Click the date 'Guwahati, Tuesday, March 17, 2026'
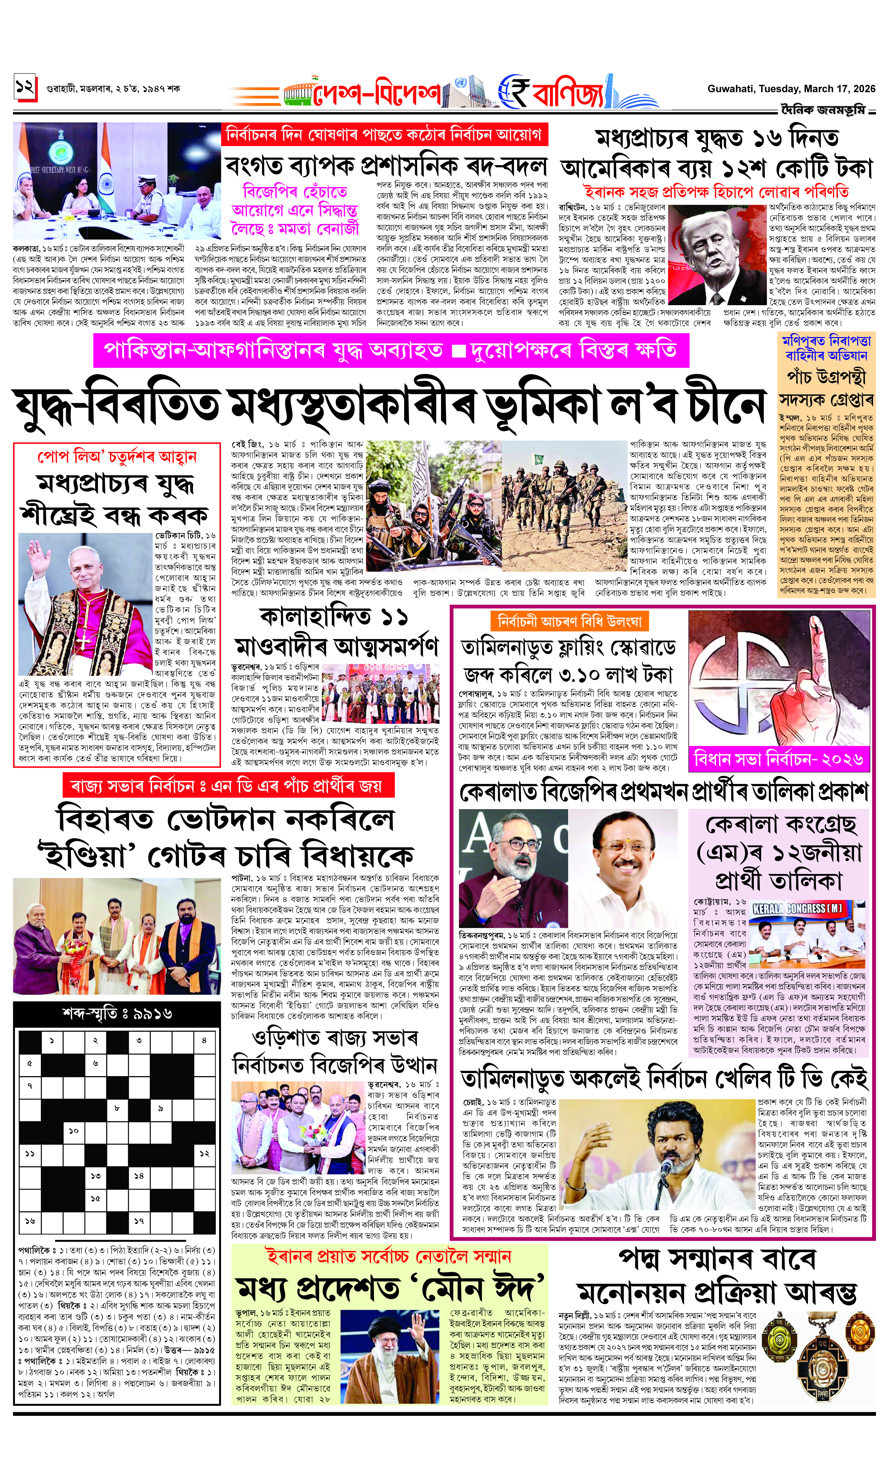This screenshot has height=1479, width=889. point(791,89)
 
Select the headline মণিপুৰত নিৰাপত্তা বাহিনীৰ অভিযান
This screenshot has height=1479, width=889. point(827,348)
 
